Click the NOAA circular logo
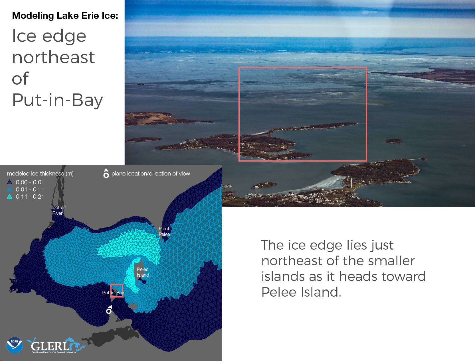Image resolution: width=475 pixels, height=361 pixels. (x=15, y=345)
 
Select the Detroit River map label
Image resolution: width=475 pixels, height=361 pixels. (x=59, y=210)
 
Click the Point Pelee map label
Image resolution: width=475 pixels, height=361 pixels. (x=164, y=231)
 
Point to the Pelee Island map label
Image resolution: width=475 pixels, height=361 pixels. (x=143, y=272)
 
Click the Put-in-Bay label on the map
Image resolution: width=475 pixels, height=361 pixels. (x=113, y=293)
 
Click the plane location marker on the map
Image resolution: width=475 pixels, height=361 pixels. (x=109, y=310)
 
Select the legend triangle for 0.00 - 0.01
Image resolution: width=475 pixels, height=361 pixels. (x=9, y=182)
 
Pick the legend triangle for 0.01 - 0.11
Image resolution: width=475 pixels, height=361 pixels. (x=9, y=189)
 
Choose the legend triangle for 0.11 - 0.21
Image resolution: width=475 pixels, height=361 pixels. (x=9, y=196)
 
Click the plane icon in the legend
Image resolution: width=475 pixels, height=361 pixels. (x=106, y=173)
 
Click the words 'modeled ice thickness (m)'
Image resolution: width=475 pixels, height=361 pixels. (x=40, y=174)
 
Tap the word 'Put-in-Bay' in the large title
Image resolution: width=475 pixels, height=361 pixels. (x=57, y=100)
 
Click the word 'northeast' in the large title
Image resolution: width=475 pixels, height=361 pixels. (x=53, y=58)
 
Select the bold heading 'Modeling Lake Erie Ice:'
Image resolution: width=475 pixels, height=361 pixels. (x=65, y=16)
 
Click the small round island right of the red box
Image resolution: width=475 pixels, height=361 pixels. (x=393, y=141)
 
